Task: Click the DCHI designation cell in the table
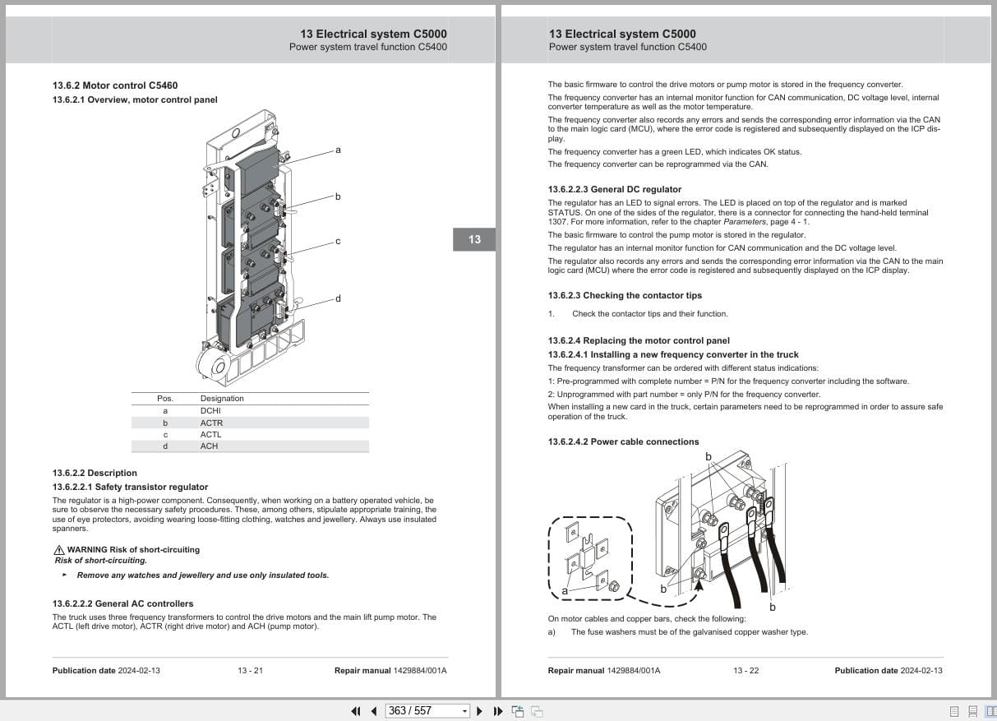(x=210, y=411)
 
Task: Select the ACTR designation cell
(x=211, y=423)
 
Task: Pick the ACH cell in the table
(x=209, y=446)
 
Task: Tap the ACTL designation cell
(x=210, y=435)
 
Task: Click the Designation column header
(x=222, y=399)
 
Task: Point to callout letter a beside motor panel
(x=338, y=150)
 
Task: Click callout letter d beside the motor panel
(x=338, y=299)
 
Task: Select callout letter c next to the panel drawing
(x=338, y=242)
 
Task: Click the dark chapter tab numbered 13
(x=474, y=239)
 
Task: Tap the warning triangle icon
(x=58, y=550)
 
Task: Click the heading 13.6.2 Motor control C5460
(x=115, y=86)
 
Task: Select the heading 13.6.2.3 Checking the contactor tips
(x=625, y=296)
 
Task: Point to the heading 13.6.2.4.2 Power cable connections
(x=623, y=442)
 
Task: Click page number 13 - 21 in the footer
(x=250, y=671)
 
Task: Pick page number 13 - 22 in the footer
(x=745, y=671)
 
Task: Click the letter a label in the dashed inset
(x=565, y=591)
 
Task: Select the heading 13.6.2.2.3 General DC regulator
(x=615, y=190)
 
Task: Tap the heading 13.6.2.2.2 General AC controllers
(x=122, y=604)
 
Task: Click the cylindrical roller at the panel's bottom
(x=215, y=362)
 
